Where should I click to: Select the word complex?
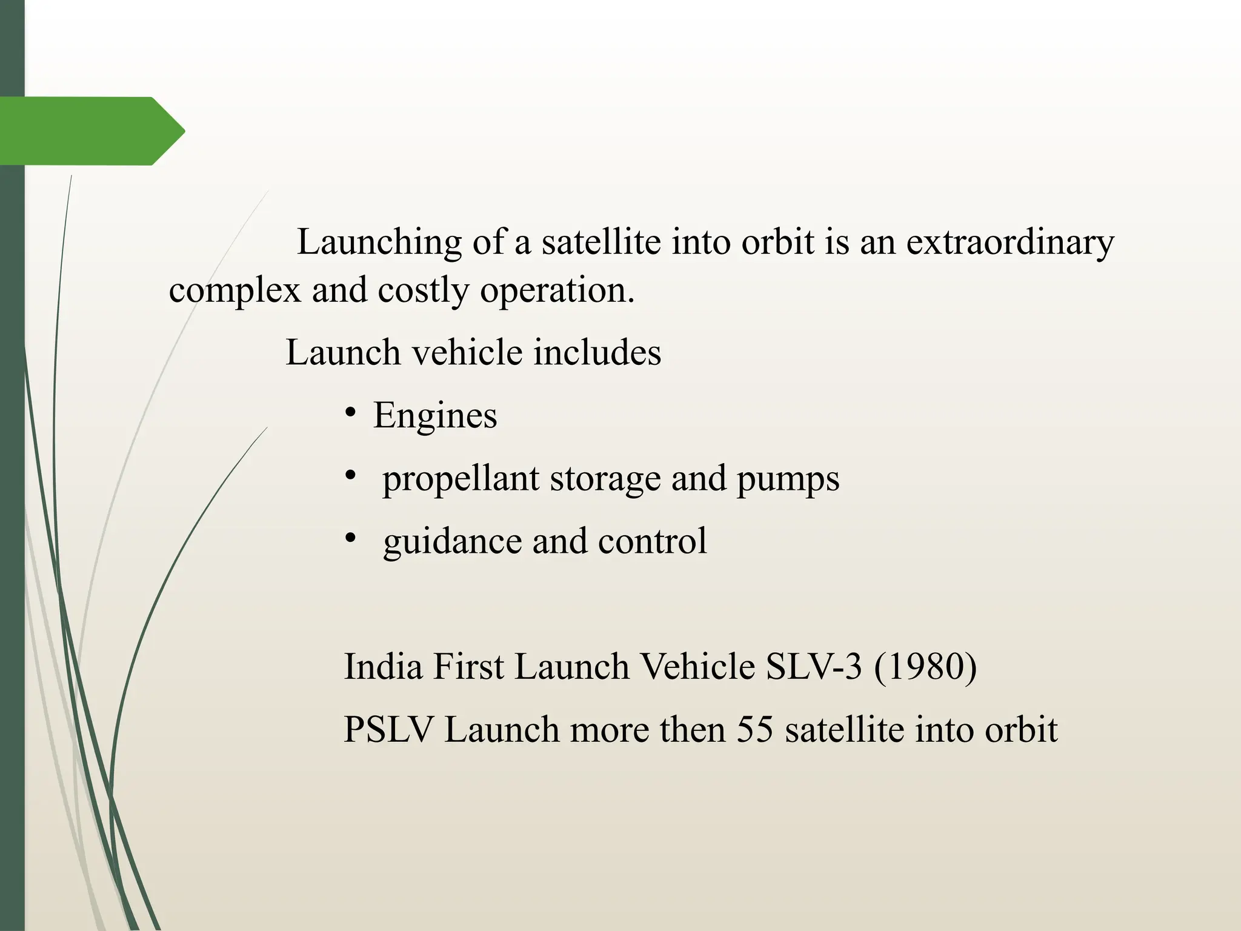point(235,291)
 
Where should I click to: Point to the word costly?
point(423,291)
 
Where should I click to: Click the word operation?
point(557,291)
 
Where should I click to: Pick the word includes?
point(597,353)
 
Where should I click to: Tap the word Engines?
point(435,416)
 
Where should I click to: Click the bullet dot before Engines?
point(350,413)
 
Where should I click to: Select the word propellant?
point(461,479)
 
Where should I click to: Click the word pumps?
point(788,479)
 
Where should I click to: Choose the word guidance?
point(452,541)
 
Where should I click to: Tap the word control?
point(652,541)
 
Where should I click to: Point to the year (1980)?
point(925,667)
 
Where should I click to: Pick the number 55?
point(754,729)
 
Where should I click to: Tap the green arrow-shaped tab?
point(91,131)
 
